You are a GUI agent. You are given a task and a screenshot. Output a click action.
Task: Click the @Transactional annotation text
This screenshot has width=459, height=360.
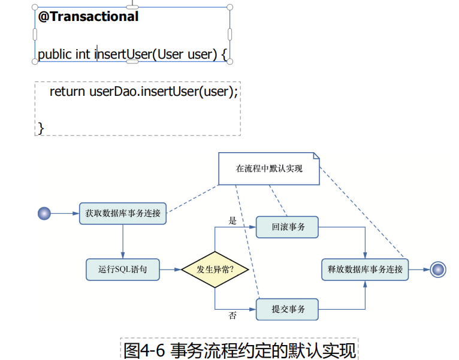88,17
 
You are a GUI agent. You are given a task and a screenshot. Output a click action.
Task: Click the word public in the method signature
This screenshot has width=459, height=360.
55,55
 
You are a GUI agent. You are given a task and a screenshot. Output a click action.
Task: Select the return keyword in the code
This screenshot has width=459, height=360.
68,92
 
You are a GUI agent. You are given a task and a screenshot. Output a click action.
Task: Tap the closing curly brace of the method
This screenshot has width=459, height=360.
41,127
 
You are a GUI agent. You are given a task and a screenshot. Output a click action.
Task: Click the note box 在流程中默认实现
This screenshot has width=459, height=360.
269,168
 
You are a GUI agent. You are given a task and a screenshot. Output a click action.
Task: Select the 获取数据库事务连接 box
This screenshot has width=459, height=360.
123,213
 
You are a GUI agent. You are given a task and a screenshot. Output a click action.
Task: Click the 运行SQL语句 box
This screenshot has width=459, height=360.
123,270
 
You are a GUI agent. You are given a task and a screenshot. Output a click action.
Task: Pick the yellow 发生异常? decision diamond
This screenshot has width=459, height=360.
215,270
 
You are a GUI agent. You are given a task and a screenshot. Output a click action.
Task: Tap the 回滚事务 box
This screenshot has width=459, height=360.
288,227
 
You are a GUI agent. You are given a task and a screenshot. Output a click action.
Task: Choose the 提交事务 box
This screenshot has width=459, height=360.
288,309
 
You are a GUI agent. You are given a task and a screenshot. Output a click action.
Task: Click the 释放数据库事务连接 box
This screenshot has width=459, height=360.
365,270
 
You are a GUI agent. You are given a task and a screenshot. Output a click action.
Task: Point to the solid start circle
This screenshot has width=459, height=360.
44,213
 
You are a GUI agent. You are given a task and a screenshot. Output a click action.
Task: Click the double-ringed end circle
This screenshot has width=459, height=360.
438,270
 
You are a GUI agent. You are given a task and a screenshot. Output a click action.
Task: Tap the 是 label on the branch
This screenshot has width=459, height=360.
232,220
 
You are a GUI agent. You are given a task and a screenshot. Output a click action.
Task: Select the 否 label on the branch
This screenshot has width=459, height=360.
232,316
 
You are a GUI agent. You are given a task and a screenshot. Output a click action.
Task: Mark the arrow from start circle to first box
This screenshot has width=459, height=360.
65,213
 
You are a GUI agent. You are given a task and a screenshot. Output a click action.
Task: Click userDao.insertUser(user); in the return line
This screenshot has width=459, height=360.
164,92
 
